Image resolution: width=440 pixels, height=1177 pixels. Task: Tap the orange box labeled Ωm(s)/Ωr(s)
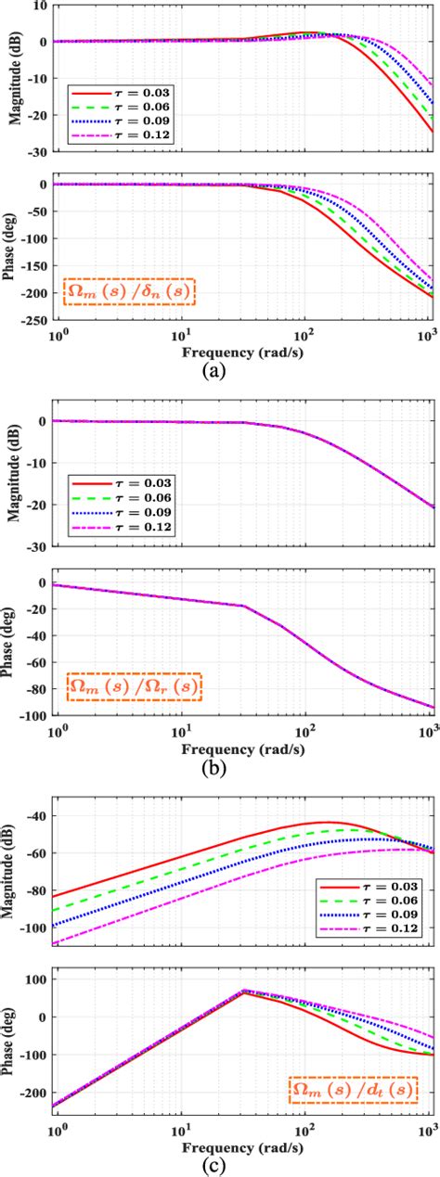click(135, 687)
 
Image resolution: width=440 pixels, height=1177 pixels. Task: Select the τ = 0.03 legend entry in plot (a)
click(121, 95)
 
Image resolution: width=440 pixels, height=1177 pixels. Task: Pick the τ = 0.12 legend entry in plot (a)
click(121, 135)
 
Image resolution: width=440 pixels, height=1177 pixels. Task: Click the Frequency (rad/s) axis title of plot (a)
click(246, 352)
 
